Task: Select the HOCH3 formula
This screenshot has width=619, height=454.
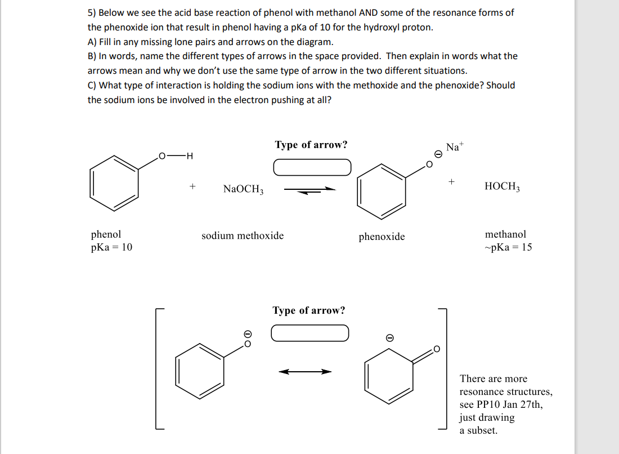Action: tap(502, 186)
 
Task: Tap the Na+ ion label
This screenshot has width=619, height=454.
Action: tap(455, 148)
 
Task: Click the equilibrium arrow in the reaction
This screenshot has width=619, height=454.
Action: tap(310, 190)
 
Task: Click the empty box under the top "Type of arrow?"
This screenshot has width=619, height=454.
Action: tap(312, 167)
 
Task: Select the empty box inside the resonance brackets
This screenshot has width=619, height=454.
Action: tap(310, 333)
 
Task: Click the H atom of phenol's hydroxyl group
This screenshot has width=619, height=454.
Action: tap(189, 155)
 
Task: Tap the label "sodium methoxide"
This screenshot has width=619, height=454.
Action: tap(243, 235)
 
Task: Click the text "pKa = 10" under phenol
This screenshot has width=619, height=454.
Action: tap(111, 247)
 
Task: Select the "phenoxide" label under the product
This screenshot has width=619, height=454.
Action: tap(382, 237)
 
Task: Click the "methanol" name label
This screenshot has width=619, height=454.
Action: tap(505, 234)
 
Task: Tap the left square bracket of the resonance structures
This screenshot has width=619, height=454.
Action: tap(158, 370)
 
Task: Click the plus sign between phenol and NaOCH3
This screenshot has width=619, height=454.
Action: tap(192, 185)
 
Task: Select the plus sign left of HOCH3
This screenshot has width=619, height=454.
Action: tap(451, 183)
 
